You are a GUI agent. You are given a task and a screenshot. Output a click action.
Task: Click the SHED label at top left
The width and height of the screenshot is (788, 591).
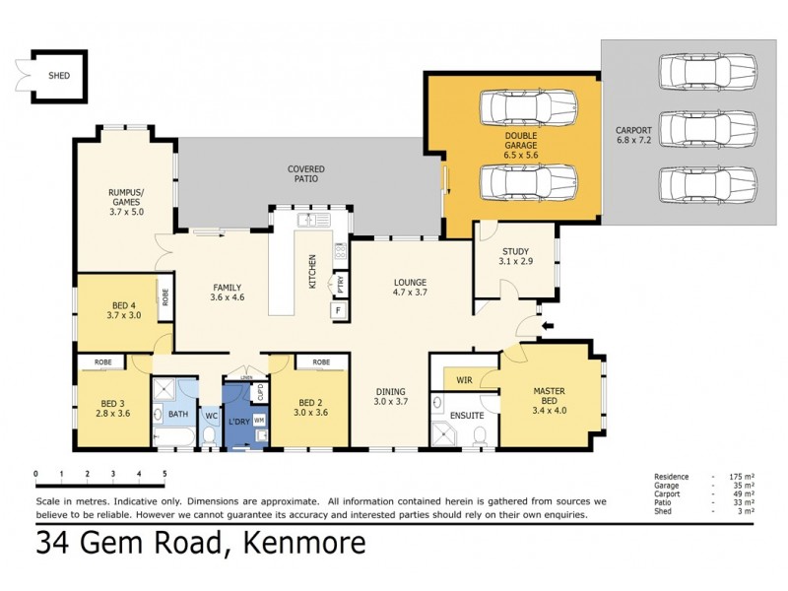[60, 75]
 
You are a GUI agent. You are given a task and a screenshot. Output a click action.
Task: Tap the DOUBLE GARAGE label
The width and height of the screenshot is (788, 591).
[521, 141]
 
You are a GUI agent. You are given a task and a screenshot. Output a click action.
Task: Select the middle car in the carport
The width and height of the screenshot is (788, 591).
[707, 127]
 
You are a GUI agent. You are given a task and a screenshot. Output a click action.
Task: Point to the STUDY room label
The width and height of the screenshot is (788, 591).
[515, 251]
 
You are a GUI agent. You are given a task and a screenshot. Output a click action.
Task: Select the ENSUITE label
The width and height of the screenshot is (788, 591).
[466, 415]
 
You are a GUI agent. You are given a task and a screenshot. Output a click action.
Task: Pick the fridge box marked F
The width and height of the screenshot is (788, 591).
[338, 310]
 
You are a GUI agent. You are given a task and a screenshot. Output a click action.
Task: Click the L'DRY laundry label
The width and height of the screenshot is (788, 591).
[237, 421]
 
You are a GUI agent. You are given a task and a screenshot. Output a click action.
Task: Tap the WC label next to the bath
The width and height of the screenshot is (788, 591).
[210, 416]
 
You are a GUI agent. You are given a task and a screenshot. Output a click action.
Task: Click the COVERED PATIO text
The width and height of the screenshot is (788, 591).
[305, 174]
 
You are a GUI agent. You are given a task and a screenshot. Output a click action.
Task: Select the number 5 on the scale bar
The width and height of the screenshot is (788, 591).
[164, 475]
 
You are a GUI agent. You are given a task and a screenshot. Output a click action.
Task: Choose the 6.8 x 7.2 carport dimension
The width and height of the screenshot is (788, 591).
[634, 141]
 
